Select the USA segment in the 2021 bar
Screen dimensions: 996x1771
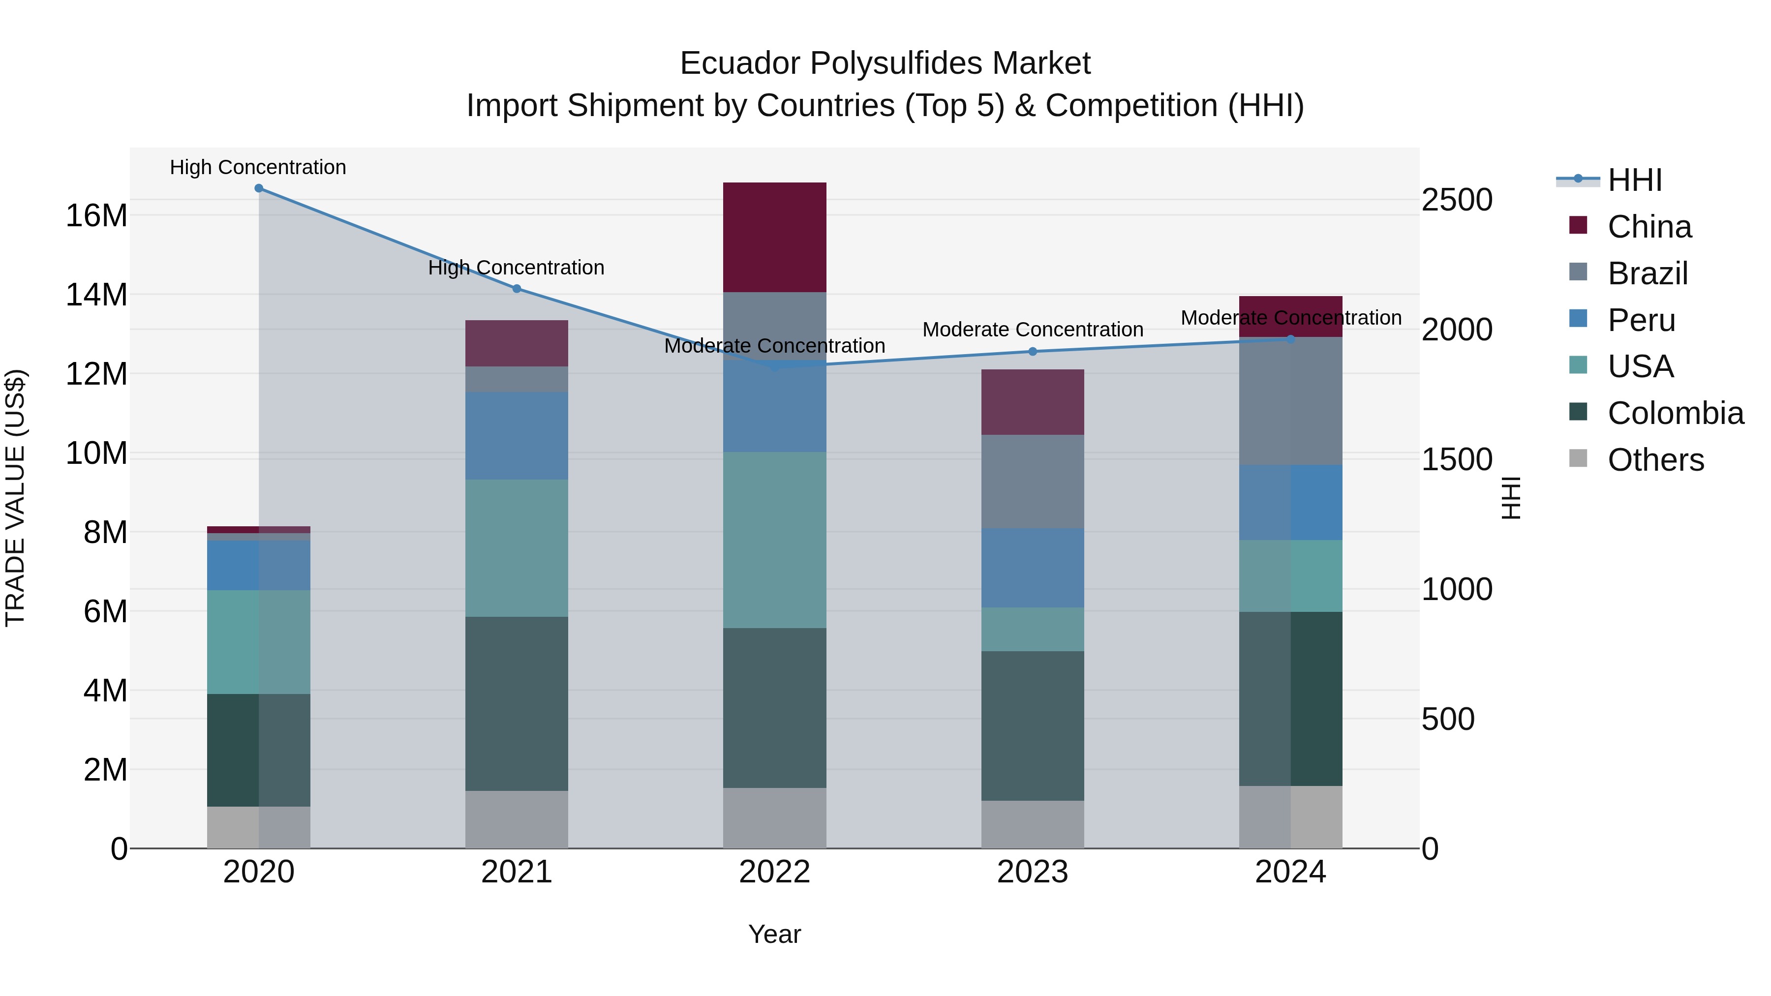click(x=517, y=548)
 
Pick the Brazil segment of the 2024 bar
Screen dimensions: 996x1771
click(x=1290, y=401)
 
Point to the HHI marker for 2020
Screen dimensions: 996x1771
click(x=258, y=188)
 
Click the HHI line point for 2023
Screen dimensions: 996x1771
click(x=1032, y=351)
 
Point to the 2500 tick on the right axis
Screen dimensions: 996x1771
click(x=1457, y=200)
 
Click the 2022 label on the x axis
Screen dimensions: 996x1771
click(x=774, y=872)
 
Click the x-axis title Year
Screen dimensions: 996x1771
click(x=774, y=934)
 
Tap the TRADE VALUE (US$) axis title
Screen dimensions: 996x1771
click(x=15, y=498)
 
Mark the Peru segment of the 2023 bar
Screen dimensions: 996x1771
click(x=1032, y=567)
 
